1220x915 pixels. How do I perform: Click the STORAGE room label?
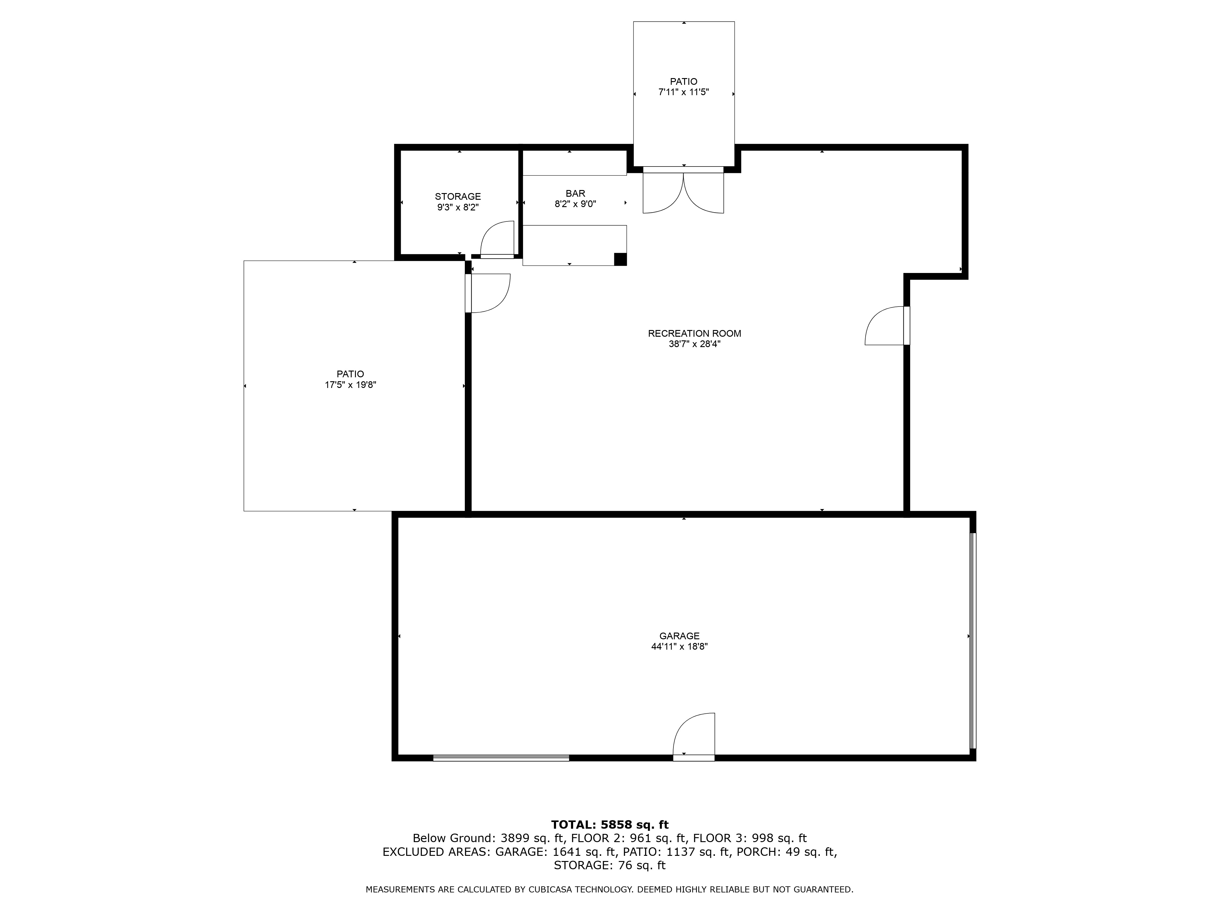click(458, 196)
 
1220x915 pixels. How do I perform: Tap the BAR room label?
click(575, 194)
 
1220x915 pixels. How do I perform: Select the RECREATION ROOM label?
click(694, 333)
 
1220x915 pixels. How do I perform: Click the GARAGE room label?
click(680, 636)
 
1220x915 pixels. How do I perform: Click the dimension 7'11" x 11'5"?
click(684, 92)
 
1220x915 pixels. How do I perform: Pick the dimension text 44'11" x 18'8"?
click(680, 646)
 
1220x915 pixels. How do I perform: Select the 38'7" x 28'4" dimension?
click(694, 344)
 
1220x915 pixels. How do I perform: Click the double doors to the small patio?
click(684, 190)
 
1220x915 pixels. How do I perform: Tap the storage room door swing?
click(497, 239)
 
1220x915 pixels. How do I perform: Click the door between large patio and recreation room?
click(488, 293)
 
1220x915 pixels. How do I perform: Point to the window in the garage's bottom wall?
click(501, 758)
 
